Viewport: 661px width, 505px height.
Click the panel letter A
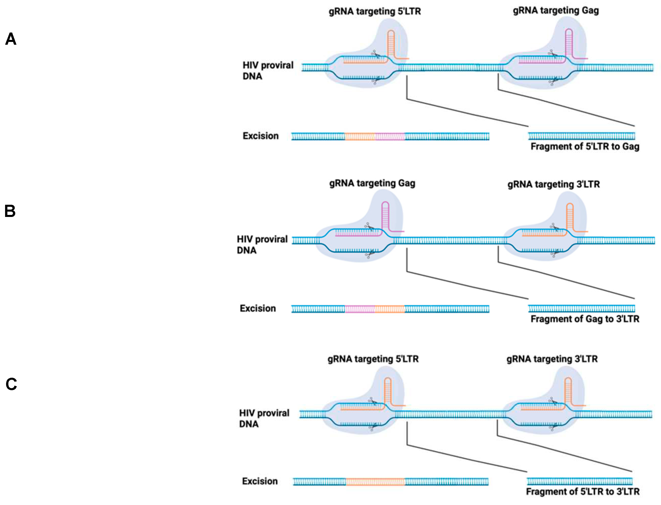point(11,39)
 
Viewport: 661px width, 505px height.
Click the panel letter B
point(10,211)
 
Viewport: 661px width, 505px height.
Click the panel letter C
point(11,384)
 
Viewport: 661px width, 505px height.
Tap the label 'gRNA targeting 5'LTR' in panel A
point(374,11)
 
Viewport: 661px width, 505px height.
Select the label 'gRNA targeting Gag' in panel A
point(556,10)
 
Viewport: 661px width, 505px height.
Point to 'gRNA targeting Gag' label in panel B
point(372,183)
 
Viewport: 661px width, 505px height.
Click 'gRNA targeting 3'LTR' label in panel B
point(553,184)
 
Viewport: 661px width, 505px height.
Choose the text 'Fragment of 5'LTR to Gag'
point(585,146)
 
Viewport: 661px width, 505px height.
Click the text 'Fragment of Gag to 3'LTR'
point(585,319)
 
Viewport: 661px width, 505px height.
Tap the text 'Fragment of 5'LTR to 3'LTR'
point(582,492)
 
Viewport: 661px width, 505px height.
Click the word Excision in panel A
point(261,136)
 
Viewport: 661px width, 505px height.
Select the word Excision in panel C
point(260,481)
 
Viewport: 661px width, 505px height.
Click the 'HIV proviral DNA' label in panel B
point(262,244)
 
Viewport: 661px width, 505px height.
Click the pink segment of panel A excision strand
point(390,137)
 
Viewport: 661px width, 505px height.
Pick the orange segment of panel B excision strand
point(390,309)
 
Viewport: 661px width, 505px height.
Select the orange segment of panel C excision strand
point(375,482)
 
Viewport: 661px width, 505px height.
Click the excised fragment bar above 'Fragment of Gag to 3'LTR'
point(581,309)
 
